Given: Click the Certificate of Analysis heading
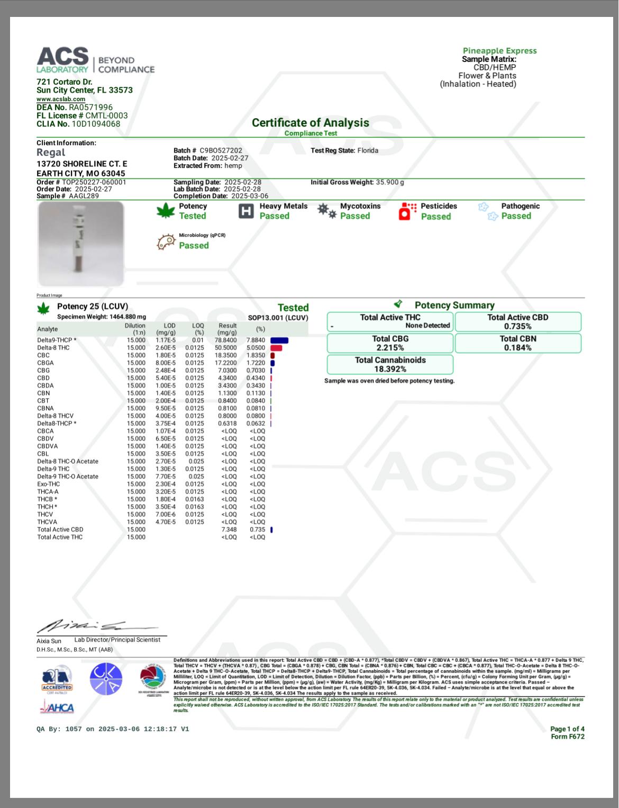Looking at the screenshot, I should point(310,123).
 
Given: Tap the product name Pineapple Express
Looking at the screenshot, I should point(499,51).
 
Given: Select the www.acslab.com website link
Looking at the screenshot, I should point(61,99).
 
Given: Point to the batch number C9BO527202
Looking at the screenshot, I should point(221,150).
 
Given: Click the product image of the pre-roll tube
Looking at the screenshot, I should point(81,244).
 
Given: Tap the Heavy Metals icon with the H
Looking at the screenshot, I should point(246,211).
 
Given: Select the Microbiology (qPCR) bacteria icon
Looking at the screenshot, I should point(166,241).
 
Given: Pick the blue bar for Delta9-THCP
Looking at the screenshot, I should point(279,340).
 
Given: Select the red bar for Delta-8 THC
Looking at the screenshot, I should point(276,348).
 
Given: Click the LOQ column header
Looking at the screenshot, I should point(198,329).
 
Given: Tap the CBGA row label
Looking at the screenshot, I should point(45,363).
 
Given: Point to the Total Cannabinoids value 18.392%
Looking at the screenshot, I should point(390,369).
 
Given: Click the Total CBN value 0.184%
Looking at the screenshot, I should point(517,348).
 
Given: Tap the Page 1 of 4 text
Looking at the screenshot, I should point(567,729).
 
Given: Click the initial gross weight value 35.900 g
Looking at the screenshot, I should point(390,182).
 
